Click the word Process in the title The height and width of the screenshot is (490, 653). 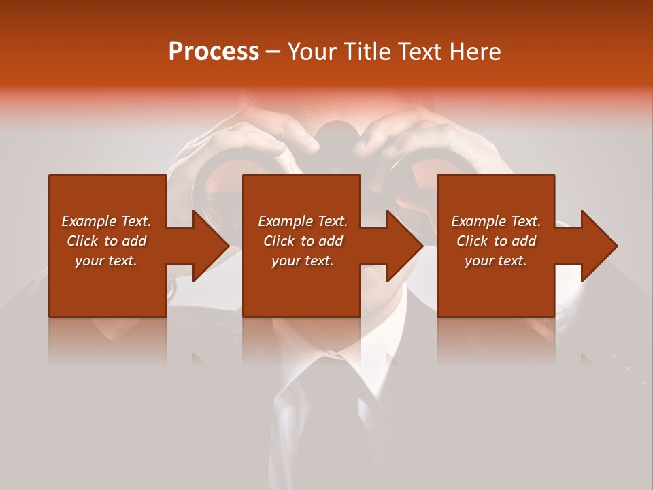tap(214, 52)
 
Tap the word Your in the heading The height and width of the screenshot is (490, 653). tap(312, 52)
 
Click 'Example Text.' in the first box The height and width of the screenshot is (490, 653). tap(106, 221)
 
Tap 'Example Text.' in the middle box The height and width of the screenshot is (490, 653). tap(302, 221)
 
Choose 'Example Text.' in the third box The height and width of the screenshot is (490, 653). tap(496, 221)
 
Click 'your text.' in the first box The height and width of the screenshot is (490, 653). tap(106, 261)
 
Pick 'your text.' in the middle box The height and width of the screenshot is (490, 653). tap(302, 261)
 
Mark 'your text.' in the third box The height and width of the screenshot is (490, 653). tap(496, 261)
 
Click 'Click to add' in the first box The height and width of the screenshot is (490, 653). tap(106, 241)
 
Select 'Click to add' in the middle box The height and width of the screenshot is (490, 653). tap(302, 241)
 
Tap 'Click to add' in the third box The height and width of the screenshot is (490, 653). tap(496, 241)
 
